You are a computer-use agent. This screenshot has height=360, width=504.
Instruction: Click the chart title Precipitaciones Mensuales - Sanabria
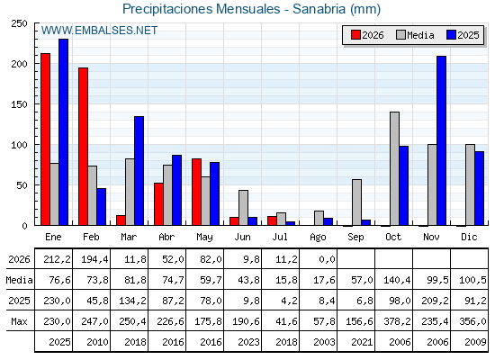[234, 9]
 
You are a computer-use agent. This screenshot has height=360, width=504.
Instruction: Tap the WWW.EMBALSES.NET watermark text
[99, 31]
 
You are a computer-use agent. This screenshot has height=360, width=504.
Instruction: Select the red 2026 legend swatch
[355, 35]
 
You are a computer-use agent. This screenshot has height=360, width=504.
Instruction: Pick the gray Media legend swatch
[400, 35]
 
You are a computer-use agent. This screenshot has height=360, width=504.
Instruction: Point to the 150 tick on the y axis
[19, 104]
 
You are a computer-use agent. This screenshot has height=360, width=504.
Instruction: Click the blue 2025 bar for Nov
[441, 140]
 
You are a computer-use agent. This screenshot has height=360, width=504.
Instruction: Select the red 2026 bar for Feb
[83, 146]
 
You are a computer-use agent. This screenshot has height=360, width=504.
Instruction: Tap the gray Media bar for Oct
[394, 168]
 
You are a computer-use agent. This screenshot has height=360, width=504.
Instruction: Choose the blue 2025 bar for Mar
[139, 171]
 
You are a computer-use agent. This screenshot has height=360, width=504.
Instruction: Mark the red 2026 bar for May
[196, 192]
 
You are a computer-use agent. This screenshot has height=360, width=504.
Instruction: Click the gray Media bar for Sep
[356, 202]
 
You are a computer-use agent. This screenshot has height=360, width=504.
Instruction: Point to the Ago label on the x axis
[318, 238]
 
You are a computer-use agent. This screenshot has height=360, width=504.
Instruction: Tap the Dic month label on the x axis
[469, 237]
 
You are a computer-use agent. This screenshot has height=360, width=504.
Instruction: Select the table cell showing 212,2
[58, 259]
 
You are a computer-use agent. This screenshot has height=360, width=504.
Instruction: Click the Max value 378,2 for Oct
[397, 321]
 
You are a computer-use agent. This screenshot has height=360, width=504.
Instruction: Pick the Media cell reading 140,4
[397, 280]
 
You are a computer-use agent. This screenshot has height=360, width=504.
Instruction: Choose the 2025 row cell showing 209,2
[435, 301]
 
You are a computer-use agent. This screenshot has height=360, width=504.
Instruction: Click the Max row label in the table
[19, 321]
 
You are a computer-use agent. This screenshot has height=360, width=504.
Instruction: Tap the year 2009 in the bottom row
[475, 342]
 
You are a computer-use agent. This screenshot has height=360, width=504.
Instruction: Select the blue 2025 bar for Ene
[63, 132]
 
